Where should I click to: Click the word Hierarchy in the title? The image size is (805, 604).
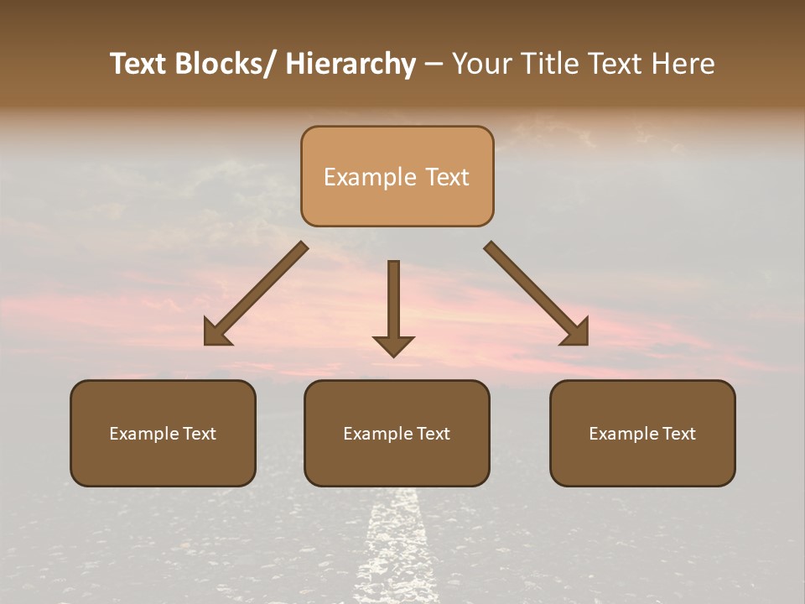pyautogui.click(x=351, y=65)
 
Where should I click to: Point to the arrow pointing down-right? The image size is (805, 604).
pyautogui.click(x=537, y=294)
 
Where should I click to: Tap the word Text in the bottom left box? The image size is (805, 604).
pyautogui.click(x=200, y=434)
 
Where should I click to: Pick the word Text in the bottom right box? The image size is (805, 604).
pyautogui.click(x=679, y=434)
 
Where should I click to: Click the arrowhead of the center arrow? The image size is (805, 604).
pyautogui.click(x=393, y=346)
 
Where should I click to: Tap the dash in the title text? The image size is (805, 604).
pyautogui.click(x=434, y=65)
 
